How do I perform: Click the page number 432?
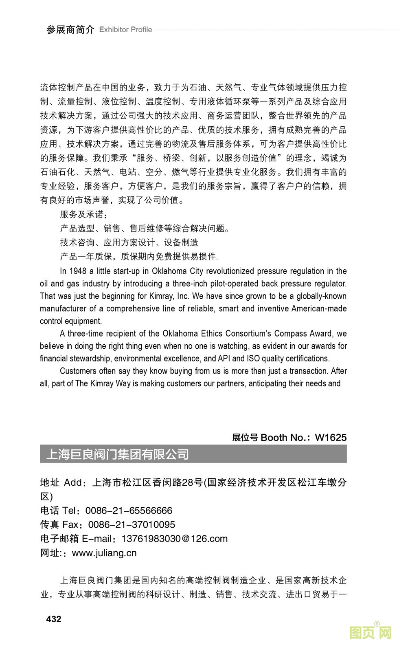point(54,619)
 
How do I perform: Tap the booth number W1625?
point(331,437)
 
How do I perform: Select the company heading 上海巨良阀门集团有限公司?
point(118,454)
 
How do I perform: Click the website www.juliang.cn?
point(104,553)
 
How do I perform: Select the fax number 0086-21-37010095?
point(132,524)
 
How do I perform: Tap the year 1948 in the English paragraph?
point(78,271)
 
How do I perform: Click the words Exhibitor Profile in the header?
point(125,30)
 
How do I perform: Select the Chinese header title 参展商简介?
point(70,30)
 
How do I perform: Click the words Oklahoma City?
point(175,271)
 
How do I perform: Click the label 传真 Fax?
point(59,524)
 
